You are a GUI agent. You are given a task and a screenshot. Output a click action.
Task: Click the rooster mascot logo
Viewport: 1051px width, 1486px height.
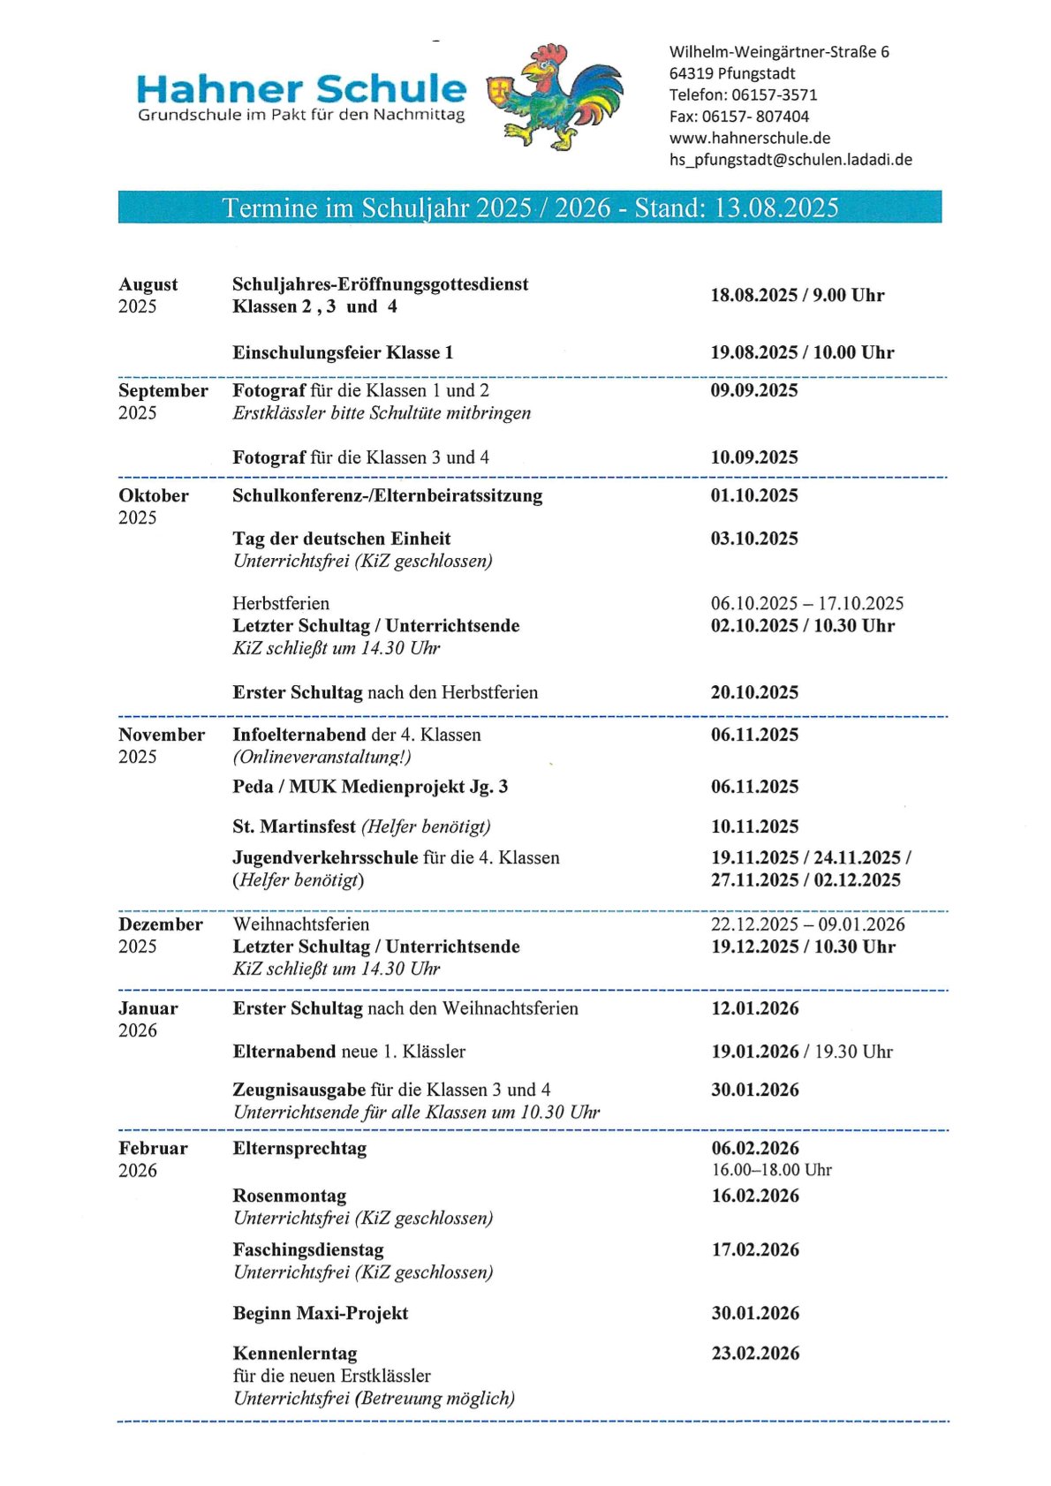(x=556, y=94)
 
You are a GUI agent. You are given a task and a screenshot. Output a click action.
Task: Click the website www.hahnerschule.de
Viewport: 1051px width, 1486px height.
(x=749, y=138)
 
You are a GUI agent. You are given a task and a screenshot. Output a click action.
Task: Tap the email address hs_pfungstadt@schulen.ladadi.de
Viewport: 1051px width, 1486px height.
(x=790, y=160)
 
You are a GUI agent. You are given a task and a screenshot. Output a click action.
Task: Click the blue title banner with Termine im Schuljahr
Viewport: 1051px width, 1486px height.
(x=529, y=207)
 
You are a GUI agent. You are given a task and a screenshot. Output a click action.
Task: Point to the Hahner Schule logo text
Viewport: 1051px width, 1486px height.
(x=301, y=89)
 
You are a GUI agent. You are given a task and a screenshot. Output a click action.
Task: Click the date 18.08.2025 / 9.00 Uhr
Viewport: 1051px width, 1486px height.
(x=797, y=295)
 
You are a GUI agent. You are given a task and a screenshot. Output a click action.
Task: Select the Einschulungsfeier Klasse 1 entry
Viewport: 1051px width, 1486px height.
(x=343, y=352)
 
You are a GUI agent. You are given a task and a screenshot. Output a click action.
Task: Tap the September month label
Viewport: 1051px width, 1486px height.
(x=163, y=390)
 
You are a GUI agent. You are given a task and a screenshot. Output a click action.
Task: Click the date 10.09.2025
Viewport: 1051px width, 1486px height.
(x=753, y=457)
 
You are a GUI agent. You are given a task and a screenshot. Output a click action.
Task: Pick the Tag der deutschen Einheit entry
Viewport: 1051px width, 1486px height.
(x=341, y=539)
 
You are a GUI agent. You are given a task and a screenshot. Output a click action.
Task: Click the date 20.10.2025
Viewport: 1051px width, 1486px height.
(x=753, y=692)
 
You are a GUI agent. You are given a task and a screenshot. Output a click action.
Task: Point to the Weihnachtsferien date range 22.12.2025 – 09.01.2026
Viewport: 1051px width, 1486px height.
(x=807, y=924)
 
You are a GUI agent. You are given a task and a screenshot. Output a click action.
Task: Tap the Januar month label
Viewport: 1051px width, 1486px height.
(x=147, y=1008)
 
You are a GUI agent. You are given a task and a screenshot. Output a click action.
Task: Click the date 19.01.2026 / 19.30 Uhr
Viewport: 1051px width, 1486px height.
(x=801, y=1052)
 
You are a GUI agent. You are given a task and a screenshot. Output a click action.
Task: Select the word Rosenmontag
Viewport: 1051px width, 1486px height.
(x=289, y=1196)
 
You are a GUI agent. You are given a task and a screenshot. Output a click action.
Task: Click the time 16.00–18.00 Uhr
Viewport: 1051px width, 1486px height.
(x=771, y=1170)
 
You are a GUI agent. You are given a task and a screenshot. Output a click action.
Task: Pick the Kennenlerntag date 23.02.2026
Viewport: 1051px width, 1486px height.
(x=755, y=1353)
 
